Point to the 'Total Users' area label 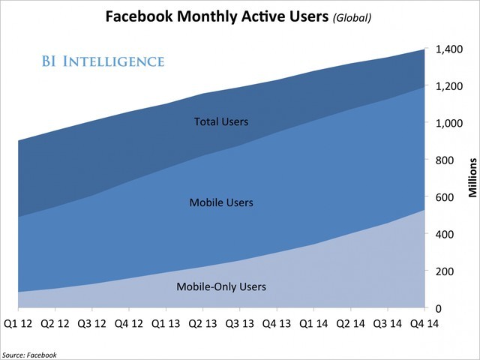click(220, 121)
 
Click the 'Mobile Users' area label click(220, 202)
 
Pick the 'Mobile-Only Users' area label click(220, 286)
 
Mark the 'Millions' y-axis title click(472, 178)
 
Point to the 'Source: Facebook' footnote click(29, 354)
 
